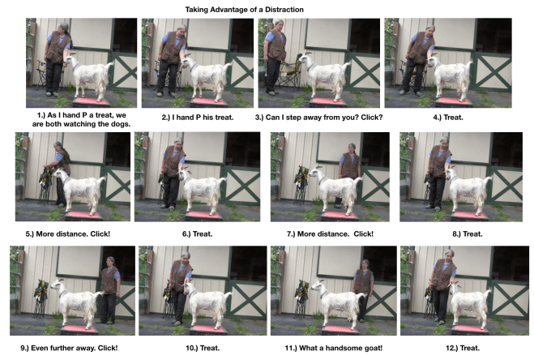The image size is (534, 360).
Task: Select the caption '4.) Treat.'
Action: [448, 118]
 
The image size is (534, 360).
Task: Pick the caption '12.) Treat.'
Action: [463, 348]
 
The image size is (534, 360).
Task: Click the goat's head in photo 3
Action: [304, 59]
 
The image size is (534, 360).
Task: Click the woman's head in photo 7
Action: [352, 148]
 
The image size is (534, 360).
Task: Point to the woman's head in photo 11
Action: [365, 264]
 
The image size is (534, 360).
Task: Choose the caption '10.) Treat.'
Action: [203, 348]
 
